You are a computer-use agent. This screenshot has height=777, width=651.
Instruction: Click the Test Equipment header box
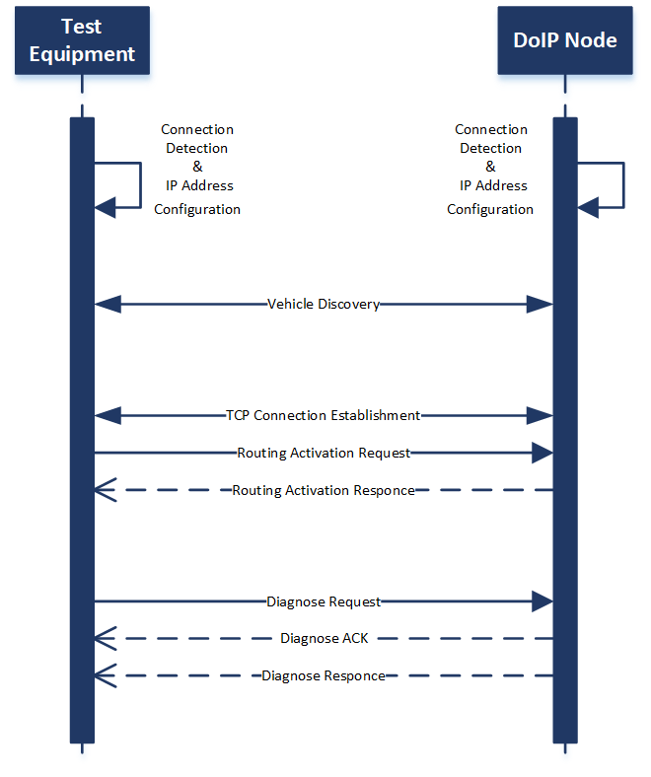click(x=82, y=40)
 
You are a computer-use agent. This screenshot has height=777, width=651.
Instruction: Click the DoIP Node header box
click(x=565, y=40)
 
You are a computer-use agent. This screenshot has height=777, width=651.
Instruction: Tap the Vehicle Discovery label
click(x=324, y=304)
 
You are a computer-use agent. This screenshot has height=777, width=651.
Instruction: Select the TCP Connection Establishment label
click(x=324, y=415)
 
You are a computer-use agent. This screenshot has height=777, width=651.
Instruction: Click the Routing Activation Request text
click(x=324, y=453)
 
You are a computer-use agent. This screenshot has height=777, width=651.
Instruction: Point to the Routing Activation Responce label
click(x=324, y=490)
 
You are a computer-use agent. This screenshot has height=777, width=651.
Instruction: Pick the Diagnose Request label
click(x=324, y=600)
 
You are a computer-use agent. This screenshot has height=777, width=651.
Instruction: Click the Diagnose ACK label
click(x=324, y=638)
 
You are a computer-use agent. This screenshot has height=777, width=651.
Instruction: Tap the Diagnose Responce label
click(x=324, y=675)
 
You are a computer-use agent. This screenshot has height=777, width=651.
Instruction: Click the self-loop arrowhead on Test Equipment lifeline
click(x=106, y=206)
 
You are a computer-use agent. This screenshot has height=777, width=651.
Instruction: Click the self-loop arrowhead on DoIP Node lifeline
click(x=588, y=206)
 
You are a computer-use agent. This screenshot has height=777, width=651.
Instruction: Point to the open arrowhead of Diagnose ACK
click(x=106, y=638)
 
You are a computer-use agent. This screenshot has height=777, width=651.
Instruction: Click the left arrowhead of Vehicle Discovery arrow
click(x=107, y=304)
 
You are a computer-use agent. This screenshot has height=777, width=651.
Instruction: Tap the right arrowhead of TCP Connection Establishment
click(x=540, y=415)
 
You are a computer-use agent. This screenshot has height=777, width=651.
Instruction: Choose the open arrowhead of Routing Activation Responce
click(x=106, y=490)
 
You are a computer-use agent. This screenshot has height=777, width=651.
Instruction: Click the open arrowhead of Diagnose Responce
click(x=106, y=675)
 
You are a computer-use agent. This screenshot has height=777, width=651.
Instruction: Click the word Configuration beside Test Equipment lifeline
click(x=197, y=209)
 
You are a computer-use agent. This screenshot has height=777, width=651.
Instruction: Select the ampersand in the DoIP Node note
click(x=490, y=167)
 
